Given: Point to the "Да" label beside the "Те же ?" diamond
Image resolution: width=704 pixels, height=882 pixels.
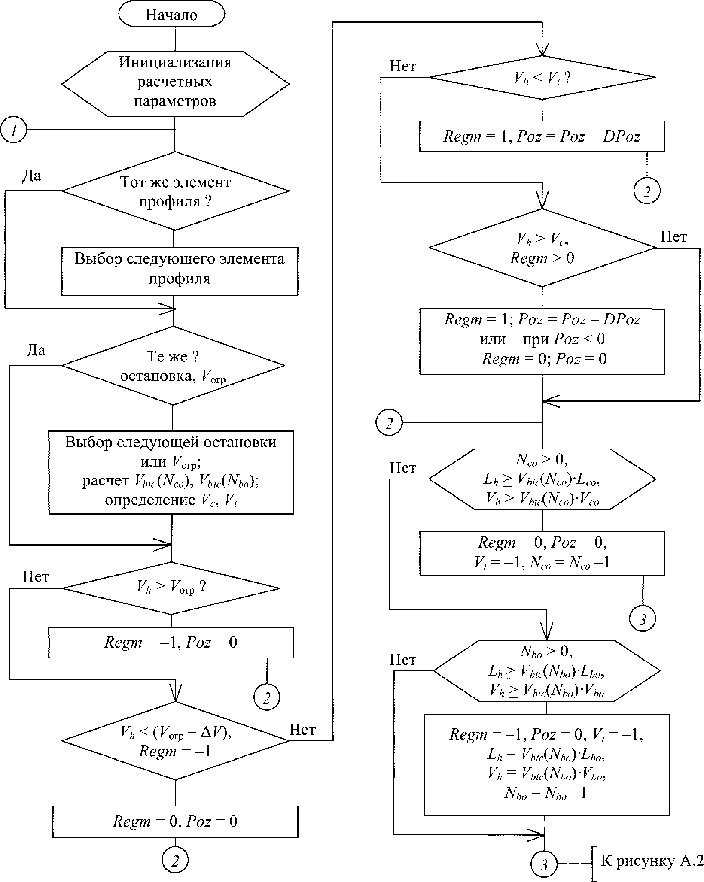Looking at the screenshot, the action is tap(36, 351).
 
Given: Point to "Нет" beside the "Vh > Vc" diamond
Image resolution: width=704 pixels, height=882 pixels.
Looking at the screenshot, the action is tap(673, 236).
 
